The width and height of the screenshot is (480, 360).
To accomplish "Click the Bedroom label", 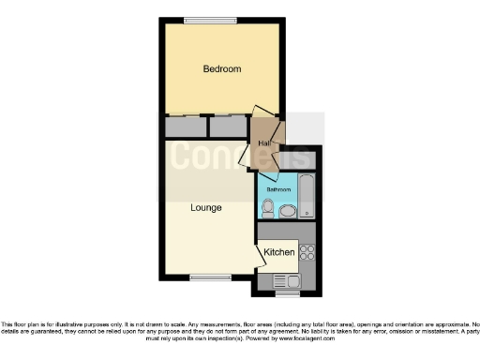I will (x=222, y=68).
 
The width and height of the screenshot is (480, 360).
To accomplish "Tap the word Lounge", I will (x=205, y=206).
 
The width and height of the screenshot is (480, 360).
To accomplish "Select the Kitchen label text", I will (x=279, y=252).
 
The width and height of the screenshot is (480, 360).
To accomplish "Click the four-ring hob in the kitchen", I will (x=307, y=251).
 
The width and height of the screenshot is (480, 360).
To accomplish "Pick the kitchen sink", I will (x=285, y=280).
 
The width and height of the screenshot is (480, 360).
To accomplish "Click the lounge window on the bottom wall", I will (x=204, y=277).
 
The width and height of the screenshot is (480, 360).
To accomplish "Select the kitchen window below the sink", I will (x=287, y=292).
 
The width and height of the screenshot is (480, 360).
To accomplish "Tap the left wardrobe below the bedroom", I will (x=184, y=127).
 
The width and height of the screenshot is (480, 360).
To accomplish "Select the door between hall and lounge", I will (x=247, y=157).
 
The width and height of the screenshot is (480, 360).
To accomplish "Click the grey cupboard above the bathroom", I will (x=304, y=161).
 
